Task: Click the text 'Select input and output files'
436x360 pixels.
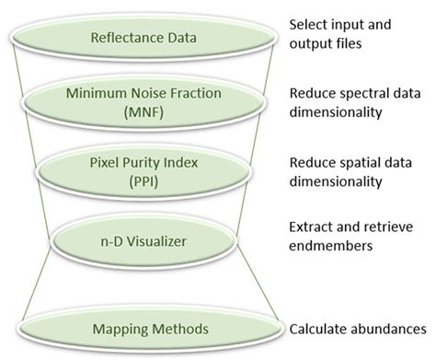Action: pos(341,34)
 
